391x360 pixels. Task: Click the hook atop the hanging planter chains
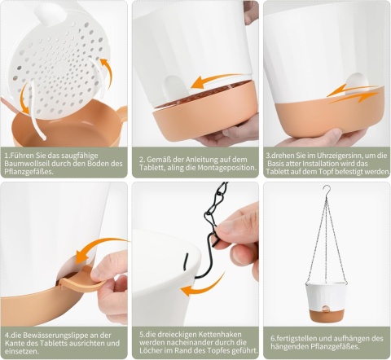[327, 190]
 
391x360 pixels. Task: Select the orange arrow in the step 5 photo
[202, 287]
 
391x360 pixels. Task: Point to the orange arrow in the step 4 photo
[99, 248]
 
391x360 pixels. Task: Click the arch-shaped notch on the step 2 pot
[174, 89]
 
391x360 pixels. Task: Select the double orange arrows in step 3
[352, 94]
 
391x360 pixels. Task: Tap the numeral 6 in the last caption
[273, 339]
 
